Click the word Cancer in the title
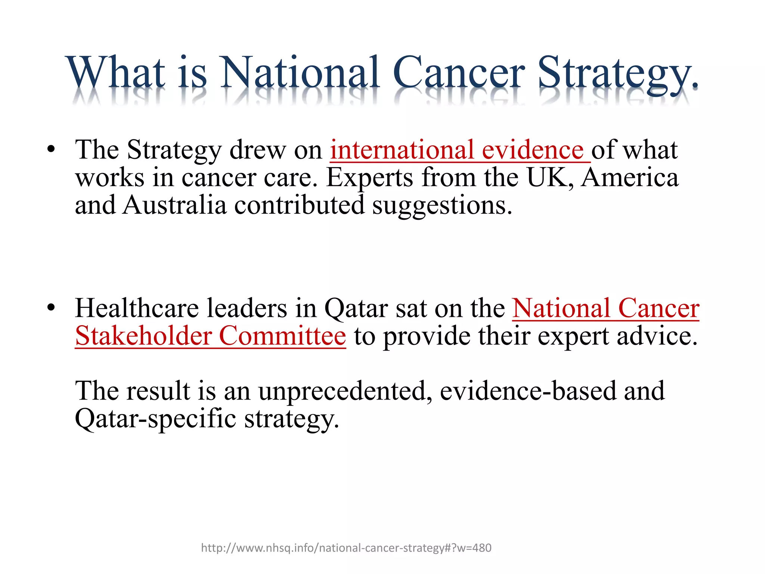point(459,73)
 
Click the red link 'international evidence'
point(460,150)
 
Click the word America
point(630,178)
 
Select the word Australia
point(175,206)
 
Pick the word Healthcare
point(137,309)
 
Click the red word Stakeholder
point(143,336)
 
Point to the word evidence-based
point(528,391)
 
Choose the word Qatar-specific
point(155,419)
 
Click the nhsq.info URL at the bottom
point(346,548)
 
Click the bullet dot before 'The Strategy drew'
point(51,150)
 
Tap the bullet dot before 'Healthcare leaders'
point(51,309)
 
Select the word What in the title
point(116,73)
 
